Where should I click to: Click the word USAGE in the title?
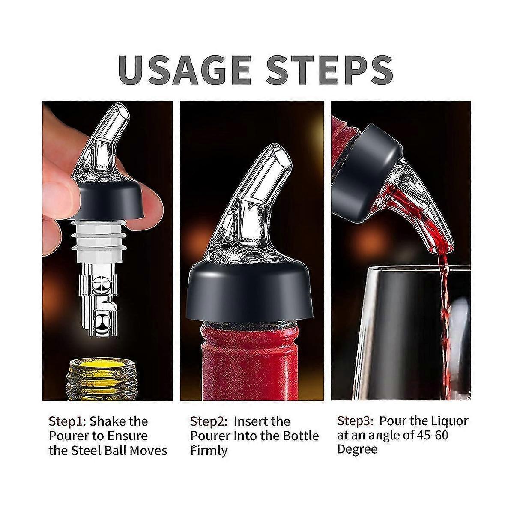184,70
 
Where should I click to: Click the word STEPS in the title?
329,70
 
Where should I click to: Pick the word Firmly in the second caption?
209,451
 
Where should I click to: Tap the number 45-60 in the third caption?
431,435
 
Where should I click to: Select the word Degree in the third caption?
357,450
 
